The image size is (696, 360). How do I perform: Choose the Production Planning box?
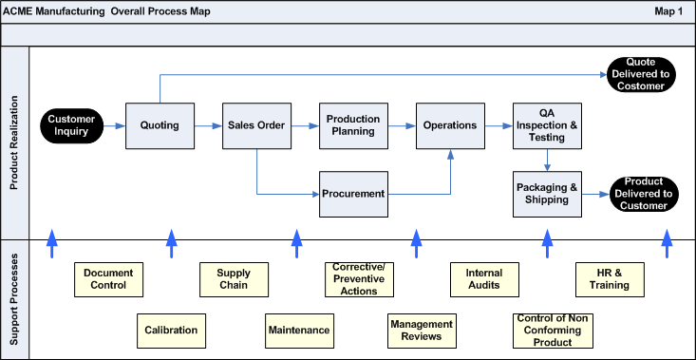353,125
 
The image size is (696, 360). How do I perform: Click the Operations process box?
450,125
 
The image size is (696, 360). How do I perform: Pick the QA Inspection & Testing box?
547,125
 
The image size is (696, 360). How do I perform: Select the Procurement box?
353,194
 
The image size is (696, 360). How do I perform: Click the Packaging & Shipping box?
547,194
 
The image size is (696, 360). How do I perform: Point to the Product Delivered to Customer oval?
642,194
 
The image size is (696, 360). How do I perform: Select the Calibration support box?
171,331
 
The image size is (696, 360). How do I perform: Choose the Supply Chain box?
234,279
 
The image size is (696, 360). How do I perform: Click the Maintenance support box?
299,331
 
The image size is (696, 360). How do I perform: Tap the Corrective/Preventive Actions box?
357,279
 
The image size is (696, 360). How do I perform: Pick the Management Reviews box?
422,331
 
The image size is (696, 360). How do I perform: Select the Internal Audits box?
484,279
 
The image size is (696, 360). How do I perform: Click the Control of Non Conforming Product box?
547,331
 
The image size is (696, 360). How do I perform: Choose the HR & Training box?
610,279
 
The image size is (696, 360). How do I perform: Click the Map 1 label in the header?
668,11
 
